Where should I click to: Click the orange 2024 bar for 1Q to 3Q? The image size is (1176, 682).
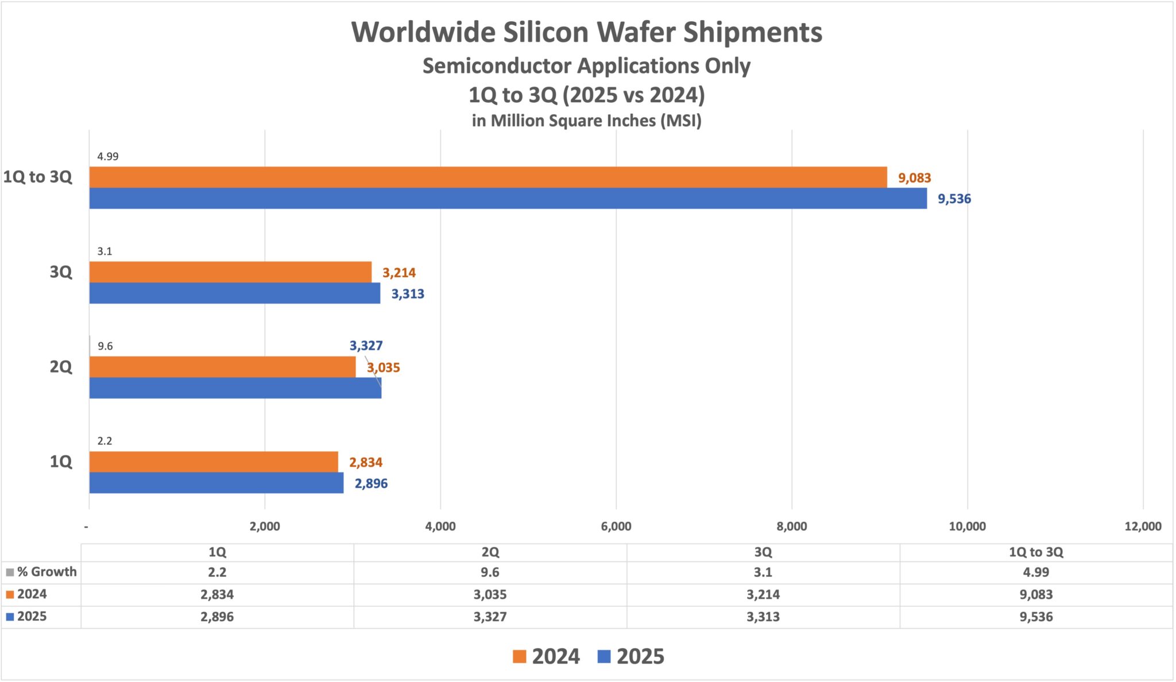click(x=488, y=177)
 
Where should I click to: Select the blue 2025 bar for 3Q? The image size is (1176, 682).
click(x=234, y=293)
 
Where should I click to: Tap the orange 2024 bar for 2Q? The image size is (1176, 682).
click(x=222, y=367)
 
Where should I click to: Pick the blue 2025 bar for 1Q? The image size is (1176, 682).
click(x=216, y=483)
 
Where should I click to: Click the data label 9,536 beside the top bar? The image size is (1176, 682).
click(x=954, y=199)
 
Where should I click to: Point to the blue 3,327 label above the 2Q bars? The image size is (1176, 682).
click(x=366, y=346)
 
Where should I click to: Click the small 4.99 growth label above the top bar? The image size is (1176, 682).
click(x=107, y=156)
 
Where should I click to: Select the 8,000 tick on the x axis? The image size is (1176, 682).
click(x=791, y=526)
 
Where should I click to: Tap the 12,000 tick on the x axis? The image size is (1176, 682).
click(x=1142, y=526)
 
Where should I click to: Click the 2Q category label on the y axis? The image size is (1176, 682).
click(x=61, y=367)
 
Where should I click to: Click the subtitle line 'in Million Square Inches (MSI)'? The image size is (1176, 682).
click(x=586, y=121)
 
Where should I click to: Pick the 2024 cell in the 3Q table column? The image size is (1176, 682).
click(x=763, y=595)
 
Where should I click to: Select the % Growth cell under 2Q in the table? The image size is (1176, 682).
click(x=490, y=572)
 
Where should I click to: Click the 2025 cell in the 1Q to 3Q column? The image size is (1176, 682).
click(x=1035, y=617)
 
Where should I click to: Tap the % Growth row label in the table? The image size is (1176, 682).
click(x=46, y=572)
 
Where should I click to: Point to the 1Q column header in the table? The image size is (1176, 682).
click(x=217, y=552)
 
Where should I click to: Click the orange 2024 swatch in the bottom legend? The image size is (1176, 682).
click(x=519, y=656)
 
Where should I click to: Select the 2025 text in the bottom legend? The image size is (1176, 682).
click(x=640, y=656)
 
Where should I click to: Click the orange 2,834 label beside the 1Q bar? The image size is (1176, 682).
click(x=365, y=463)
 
